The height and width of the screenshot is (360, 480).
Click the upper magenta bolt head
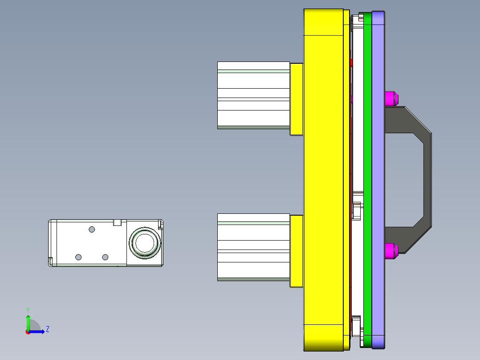coord(391,98)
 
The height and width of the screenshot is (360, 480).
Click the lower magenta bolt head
coord(391,251)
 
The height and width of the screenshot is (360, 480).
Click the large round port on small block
coord(144,243)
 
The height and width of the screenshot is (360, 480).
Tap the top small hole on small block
coord(92,229)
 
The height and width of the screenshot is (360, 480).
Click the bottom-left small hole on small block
coord(78,257)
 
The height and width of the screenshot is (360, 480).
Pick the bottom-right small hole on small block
coord(105,257)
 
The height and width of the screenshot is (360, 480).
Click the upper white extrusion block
coord(253,95)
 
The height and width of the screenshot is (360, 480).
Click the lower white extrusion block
coord(253,247)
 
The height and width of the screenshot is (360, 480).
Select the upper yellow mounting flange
coord(297,99)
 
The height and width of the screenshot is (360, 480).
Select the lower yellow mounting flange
coord(297,251)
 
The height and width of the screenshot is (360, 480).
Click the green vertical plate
coord(367,178)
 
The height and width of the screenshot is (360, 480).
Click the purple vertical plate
coord(378,178)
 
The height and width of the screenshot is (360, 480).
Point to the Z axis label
coord(48,329)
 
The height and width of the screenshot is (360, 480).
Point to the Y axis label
coord(28,310)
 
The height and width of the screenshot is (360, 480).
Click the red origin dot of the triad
coord(28,332)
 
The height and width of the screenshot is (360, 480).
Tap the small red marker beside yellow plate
coord(351,62)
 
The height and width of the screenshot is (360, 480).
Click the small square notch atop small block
coord(118,222)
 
